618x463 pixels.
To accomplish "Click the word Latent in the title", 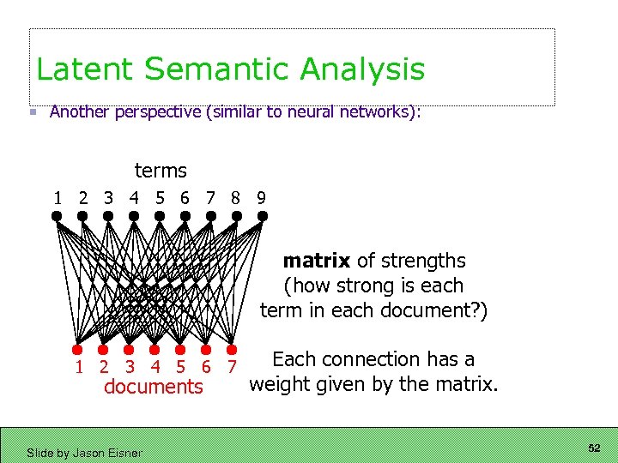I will pyautogui.click(x=77, y=69).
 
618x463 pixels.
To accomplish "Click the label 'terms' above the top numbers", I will pyautogui.click(x=161, y=171).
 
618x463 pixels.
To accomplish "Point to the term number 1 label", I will pyautogui.click(x=58, y=198).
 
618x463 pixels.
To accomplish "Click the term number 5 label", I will pyautogui.click(x=160, y=198).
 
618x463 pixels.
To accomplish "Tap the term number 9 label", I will pyautogui.click(x=261, y=198).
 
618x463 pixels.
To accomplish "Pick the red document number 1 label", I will pyautogui.click(x=79, y=368).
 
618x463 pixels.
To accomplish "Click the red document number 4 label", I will pyautogui.click(x=155, y=368).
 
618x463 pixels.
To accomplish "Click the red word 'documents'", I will pyautogui.click(x=154, y=388).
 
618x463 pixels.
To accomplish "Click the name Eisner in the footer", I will pyautogui.click(x=124, y=453).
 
